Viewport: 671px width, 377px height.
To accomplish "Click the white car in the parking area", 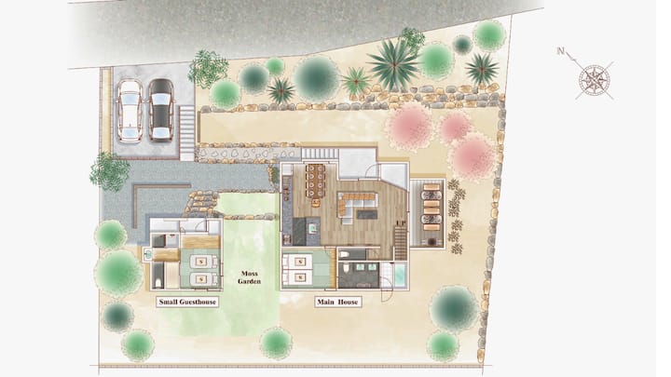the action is click(x=130, y=111).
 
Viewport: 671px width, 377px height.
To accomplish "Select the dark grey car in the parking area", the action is click(x=161, y=110).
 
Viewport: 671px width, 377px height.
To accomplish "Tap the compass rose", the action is click(x=595, y=80).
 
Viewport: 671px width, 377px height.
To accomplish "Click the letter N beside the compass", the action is click(x=561, y=52).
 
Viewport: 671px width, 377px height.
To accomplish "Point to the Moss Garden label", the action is click(x=249, y=277).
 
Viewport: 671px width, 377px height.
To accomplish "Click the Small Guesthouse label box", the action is click(x=187, y=302).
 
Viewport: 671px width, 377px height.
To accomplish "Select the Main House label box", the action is click(x=337, y=302).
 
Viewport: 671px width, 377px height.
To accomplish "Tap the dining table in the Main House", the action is click(x=316, y=181).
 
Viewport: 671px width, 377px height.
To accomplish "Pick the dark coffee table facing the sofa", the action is click(x=367, y=214).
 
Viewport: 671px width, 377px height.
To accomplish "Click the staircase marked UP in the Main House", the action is click(x=400, y=243).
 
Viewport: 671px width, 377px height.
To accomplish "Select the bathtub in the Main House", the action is click(x=400, y=275).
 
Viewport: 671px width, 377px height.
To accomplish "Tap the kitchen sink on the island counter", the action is click(x=313, y=228).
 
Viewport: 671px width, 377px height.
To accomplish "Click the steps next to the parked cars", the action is click(x=186, y=133).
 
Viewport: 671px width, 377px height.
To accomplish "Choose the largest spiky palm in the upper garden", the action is click(x=393, y=65).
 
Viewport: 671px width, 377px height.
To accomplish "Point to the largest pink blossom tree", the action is click(x=472, y=156).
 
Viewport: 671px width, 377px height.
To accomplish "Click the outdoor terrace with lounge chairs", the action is click(x=428, y=213).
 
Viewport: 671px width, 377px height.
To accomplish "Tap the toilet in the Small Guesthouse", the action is click(x=157, y=282).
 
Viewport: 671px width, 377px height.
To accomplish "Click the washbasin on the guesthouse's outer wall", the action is click(x=147, y=254).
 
